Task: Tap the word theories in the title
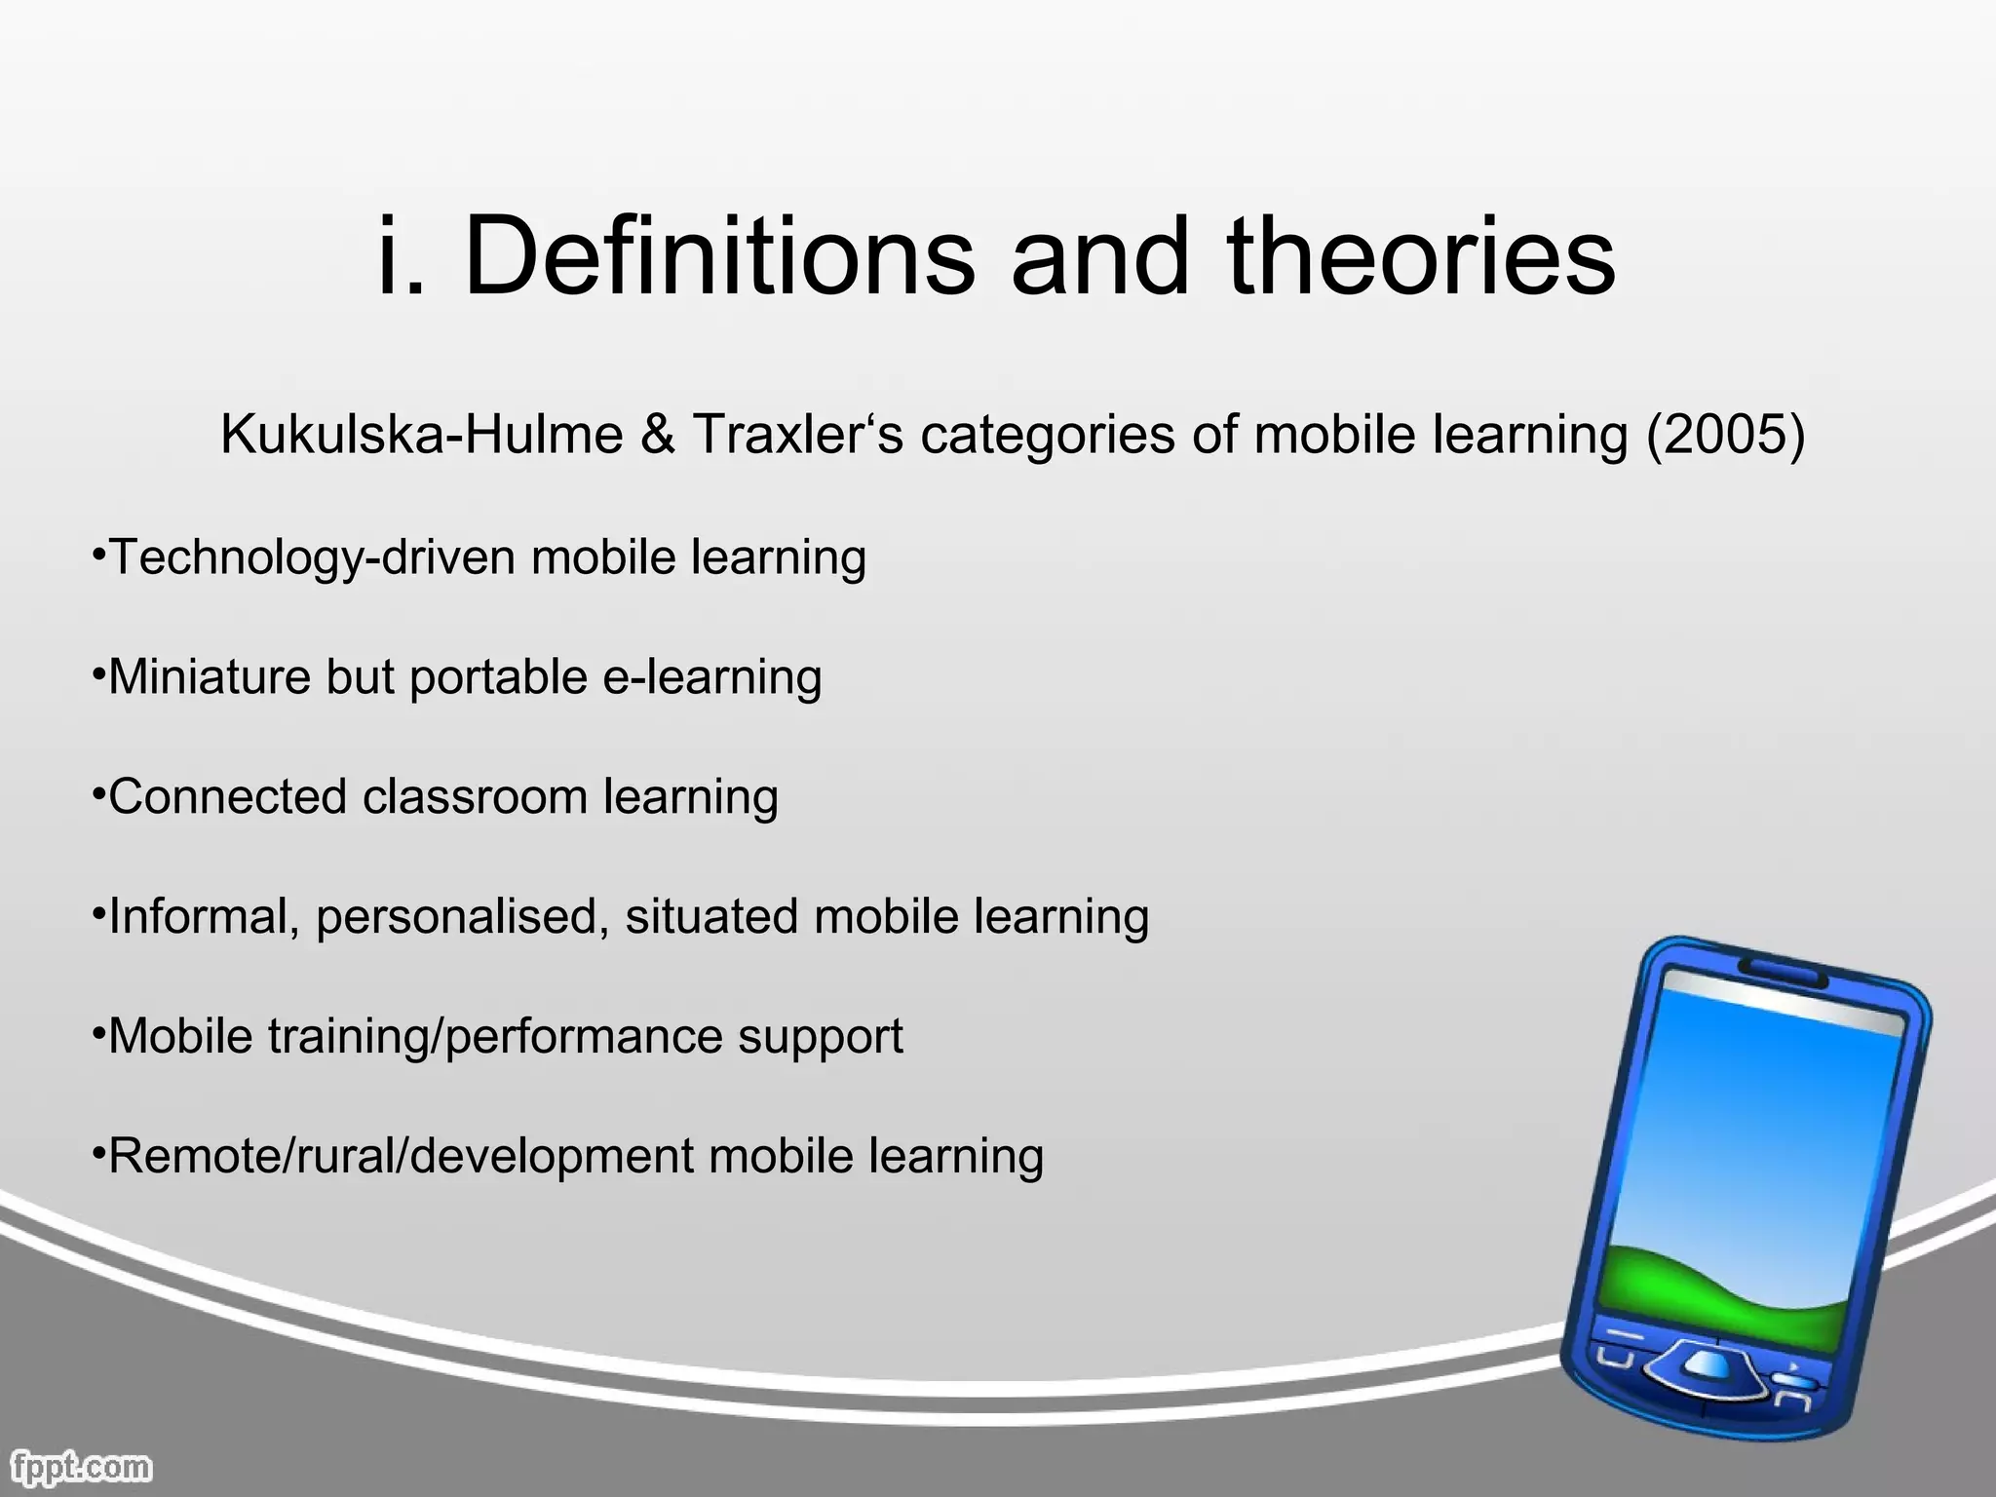point(1421,255)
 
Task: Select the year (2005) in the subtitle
point(1725,435)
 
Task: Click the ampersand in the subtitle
point(659,435)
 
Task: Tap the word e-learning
point(712,677)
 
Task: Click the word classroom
point(475,797)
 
